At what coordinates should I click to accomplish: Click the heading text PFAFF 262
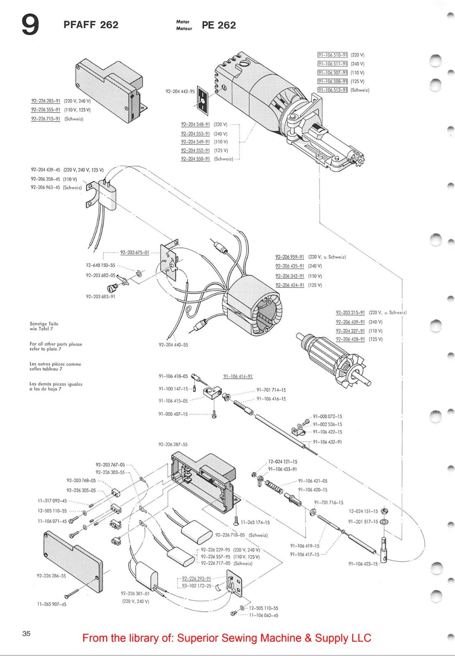pos(91,25)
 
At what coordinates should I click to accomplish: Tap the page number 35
pos(26,633)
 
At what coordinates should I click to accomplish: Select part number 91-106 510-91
pos(332,55)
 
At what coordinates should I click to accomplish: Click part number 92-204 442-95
pos(180,91)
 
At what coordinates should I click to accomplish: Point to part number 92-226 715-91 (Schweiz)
pos(45,119)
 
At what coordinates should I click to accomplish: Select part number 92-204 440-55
pos(173,345)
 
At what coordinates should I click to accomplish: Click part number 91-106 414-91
pos(238,376)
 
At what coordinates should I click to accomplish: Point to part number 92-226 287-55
pos(173,444)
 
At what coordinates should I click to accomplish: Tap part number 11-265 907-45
pos(52,604)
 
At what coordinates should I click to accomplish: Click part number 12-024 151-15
pos(363,511)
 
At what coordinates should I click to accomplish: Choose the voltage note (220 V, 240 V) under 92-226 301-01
pos(135,601)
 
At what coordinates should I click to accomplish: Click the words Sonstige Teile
pos(44,323)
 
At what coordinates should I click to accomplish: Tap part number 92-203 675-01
pos(134,253)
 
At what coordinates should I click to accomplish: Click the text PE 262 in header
pos(218,25)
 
